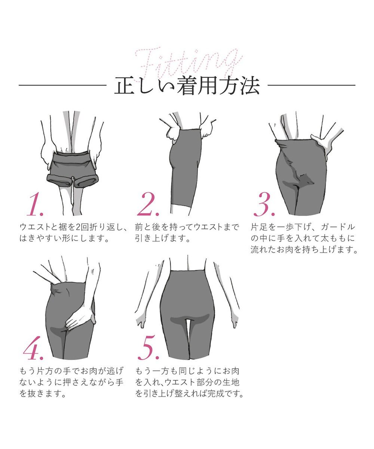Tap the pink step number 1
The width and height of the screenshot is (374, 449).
coord(34,205)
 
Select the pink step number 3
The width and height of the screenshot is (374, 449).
coord(264,205)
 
